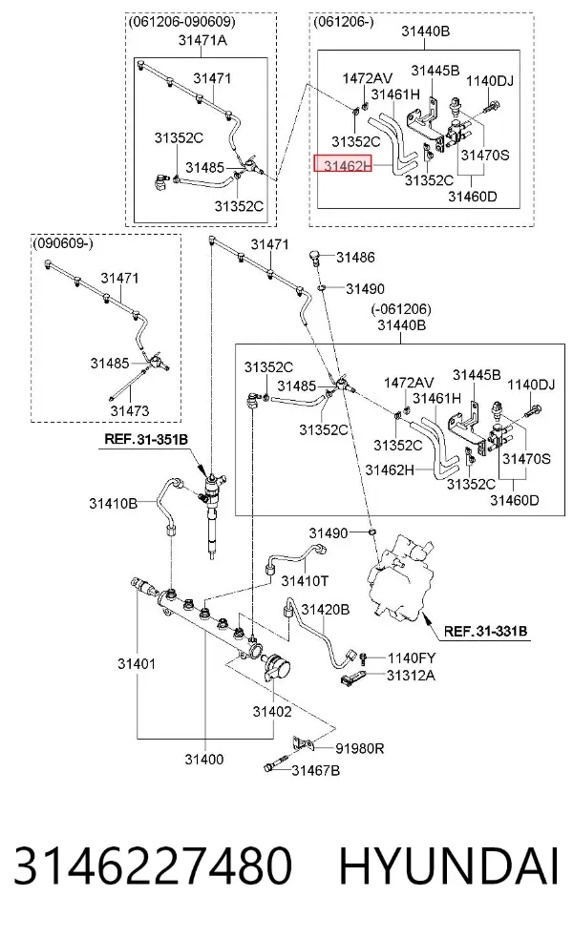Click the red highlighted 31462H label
click(343, 164)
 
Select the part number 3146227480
click(152, 866)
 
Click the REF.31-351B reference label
click(146, 439)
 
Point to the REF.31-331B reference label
click(485, 631)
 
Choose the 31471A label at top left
click(202, 41)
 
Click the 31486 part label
click(355, 258)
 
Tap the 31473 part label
click(130, 410)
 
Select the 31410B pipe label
click(114, 504)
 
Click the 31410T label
click(305, 580)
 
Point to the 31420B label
click(325, 610)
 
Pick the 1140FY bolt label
click(412, 658)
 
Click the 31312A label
click(412, 676)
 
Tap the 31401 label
click(137, 663)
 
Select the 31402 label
click(272, 712)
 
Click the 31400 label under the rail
click(203, 760)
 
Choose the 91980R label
click(360, 748)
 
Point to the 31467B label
click(316, 770)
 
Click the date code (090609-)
click(62, 243)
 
